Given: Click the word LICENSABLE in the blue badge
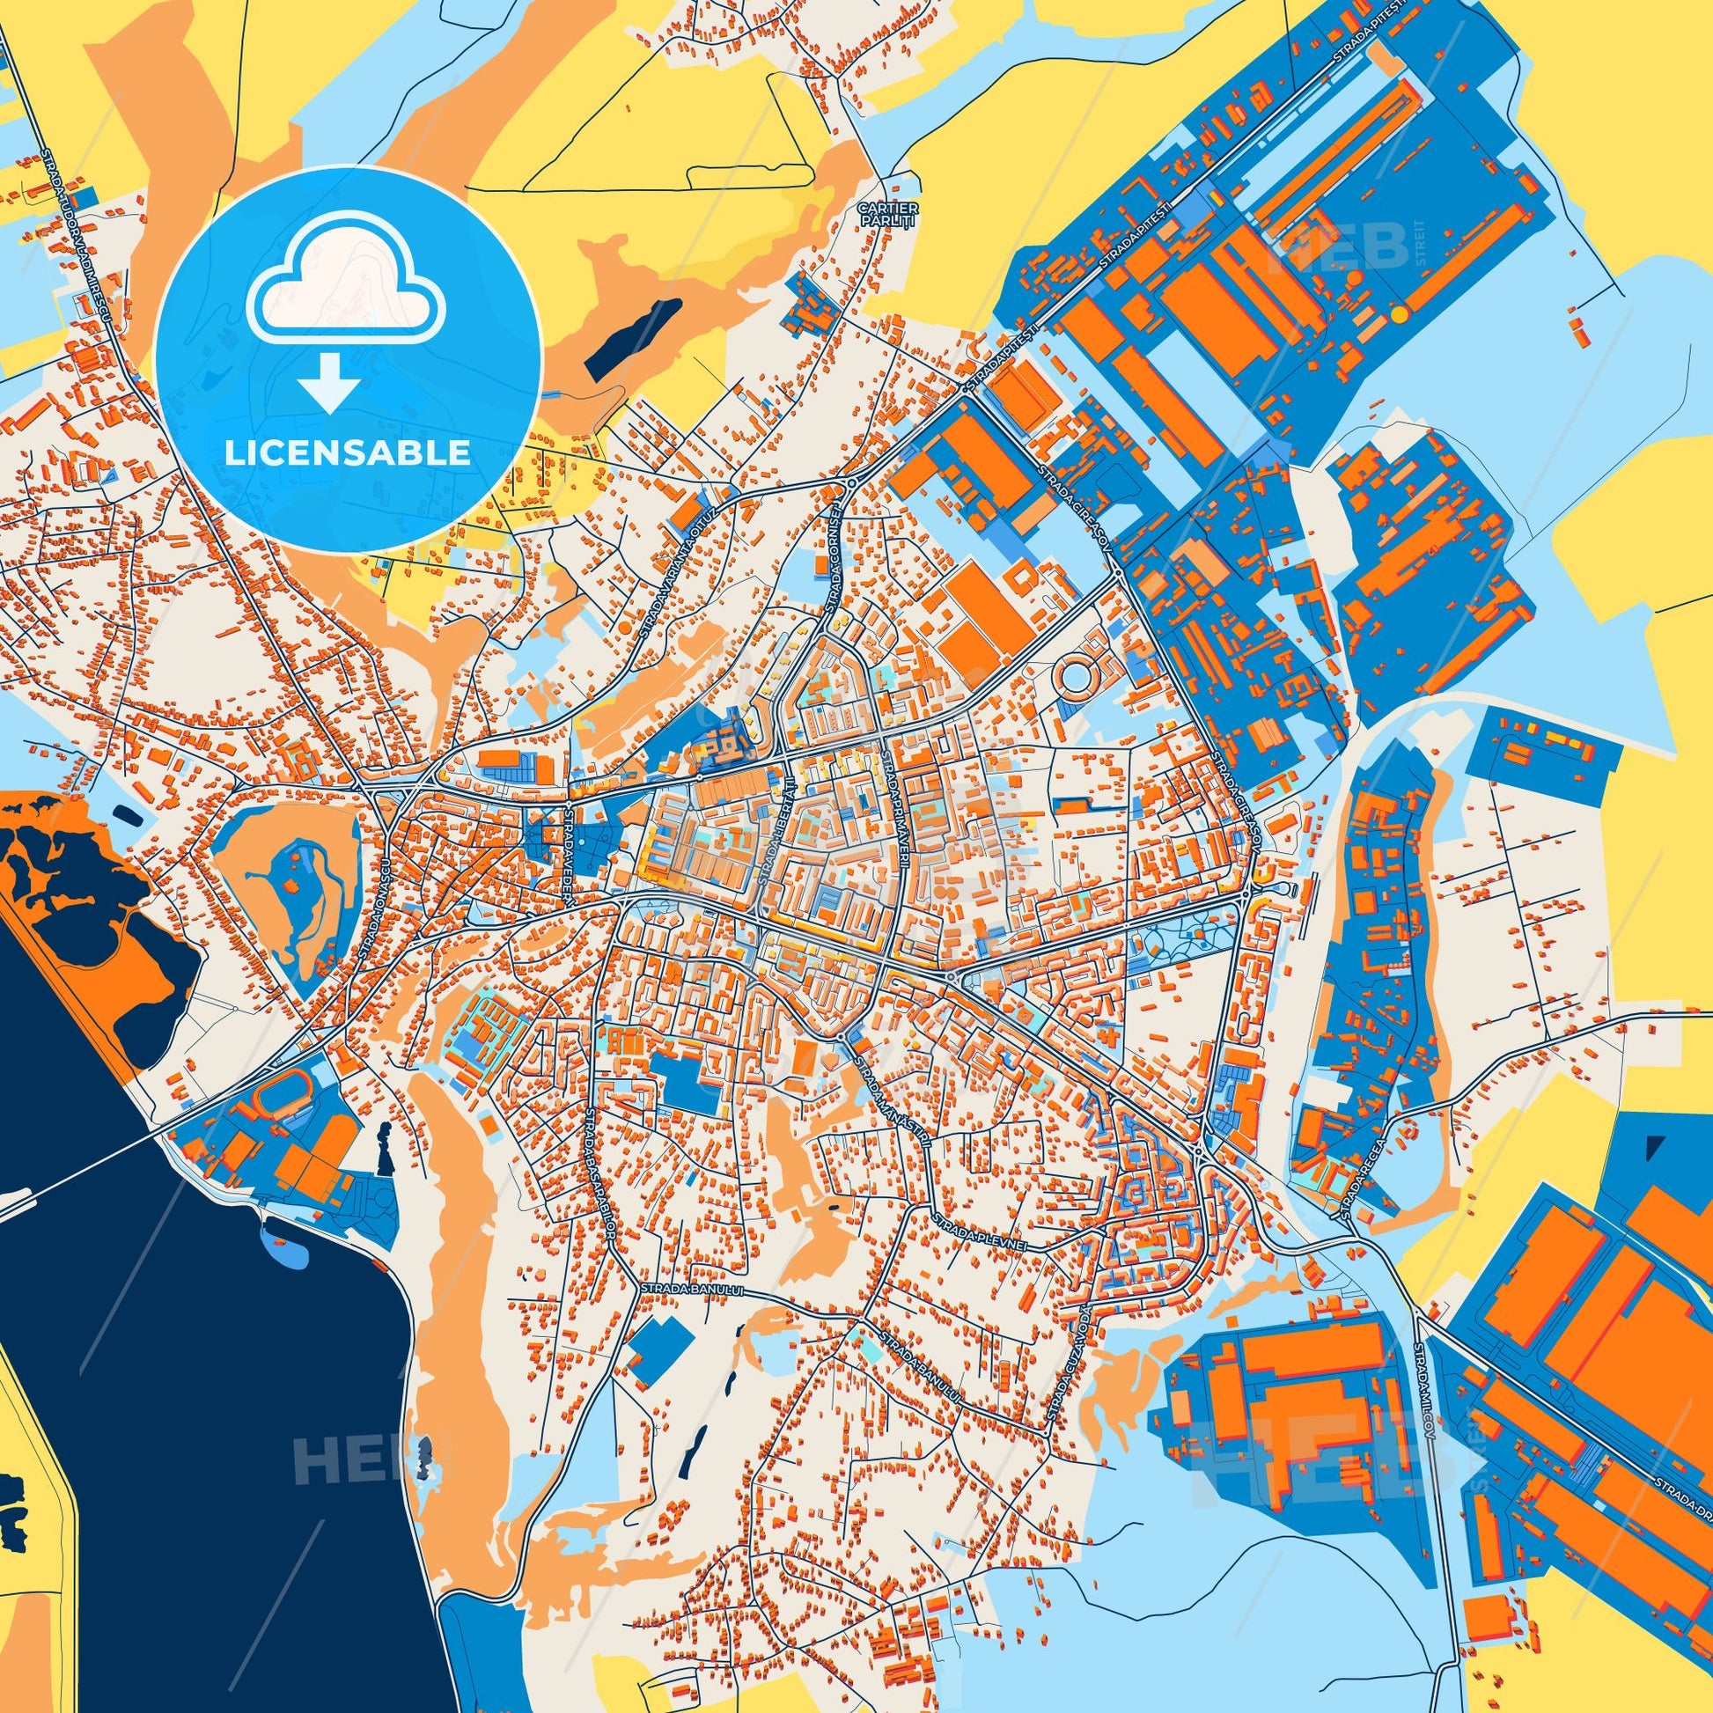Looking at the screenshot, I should point(348,453).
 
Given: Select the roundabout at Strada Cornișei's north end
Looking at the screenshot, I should point(850,483).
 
